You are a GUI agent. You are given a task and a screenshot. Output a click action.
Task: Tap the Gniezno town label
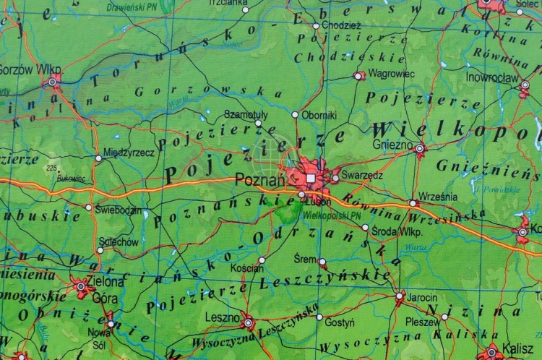[x=392, y=144]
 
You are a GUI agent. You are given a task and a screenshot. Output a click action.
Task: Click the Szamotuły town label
[x=246, y=115]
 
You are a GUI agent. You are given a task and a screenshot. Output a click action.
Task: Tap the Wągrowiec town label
[x=390, y=74]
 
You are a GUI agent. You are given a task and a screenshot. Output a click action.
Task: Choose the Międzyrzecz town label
[x=129, y=153]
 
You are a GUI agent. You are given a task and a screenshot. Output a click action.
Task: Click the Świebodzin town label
[x=119, y=209]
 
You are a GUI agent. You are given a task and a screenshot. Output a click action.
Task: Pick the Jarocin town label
[x=421, y=297]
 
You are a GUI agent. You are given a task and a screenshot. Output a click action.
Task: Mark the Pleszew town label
[x=421, y=322]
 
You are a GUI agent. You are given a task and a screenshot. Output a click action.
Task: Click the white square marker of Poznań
[x=311, y=177]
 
